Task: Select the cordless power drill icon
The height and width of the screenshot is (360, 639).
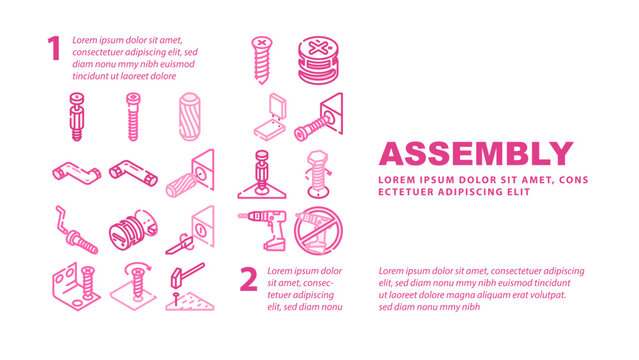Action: pyautogui.click(x=263, y=230)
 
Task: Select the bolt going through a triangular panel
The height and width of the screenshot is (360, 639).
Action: pyautogui.click(x=322, y=122)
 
